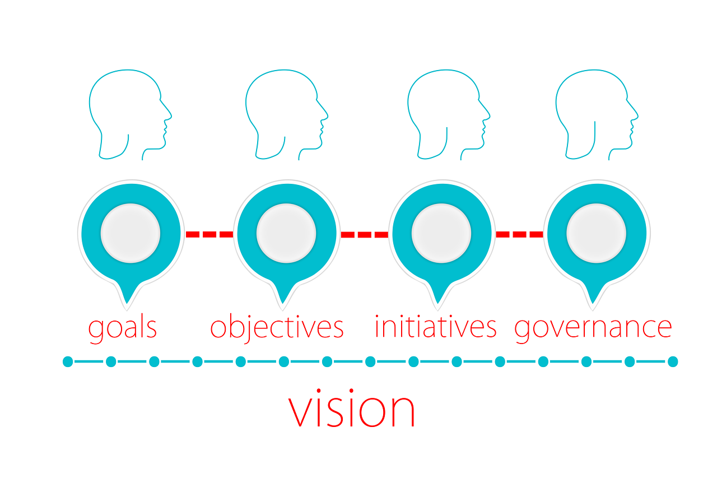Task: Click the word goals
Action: [123, 328]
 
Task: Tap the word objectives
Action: [277, 327]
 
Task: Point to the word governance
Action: [593, 328]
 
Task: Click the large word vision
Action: [352, 409]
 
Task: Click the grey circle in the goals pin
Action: [131, 233]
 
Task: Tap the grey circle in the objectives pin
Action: [286, 233]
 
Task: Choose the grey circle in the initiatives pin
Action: [441, 233]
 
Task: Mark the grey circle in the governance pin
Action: [596, 233]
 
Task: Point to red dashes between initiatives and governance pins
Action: [519, 234]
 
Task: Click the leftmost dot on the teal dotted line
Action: [68, 361]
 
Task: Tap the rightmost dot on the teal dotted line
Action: [673, 361]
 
